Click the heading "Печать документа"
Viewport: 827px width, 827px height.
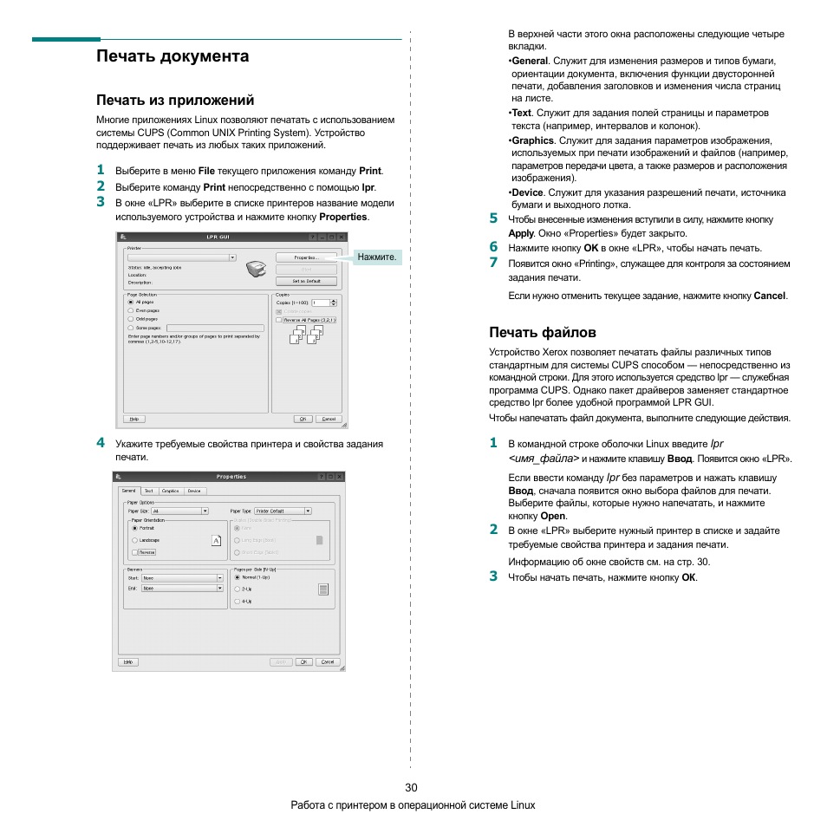pyautogui.click(x=173, y=56)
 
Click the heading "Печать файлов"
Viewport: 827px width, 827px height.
pyautogui.click(x=542, y=332)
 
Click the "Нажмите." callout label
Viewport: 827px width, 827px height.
pyautogui.click(x=376, y=257)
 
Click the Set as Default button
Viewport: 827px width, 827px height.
pyautogui.click(x=306, y=281)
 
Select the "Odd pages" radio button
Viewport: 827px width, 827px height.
pyautogui.click(x=131, y=319)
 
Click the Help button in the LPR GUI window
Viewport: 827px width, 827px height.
pyautogui.click(x=133, y=418)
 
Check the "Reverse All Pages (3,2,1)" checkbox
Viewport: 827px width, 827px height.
pyautogui.click(x=279, y=320)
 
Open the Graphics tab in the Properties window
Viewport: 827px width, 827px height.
pyautogui.click(x=170, y=491)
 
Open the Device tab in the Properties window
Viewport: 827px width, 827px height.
pyautogui.click(x=194, y=491)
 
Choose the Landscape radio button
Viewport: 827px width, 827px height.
pyautogui.click(x=134, y=540)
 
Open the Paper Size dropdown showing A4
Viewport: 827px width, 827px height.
pyautogui.click(x=179, y=511)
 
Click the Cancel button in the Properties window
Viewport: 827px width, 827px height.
pyautogui.click(x=327, y=661)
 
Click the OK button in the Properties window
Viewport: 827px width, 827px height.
pyautogui.click(x=303, y=661)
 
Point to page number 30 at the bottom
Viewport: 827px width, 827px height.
pyautogui.click(x=411, y=788)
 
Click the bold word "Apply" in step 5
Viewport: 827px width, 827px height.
pyautogui.click(x=520, y=233)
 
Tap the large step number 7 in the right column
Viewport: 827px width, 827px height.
pyautogui.click(x=492, y=262)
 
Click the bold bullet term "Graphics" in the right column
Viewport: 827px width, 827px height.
pyautogui.click(x=532, y=140)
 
